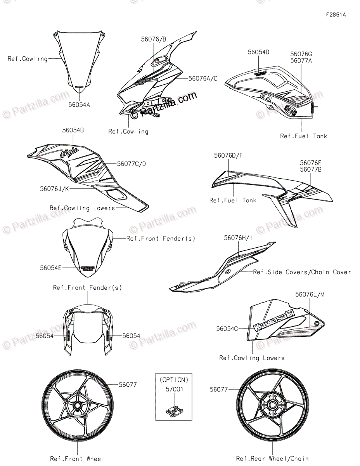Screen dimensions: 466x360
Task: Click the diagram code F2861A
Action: [336, 15]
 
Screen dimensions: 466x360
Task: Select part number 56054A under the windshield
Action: [79, 104]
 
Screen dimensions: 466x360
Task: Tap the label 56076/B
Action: [154, 39]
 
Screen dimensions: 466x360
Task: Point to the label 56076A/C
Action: [203, 78]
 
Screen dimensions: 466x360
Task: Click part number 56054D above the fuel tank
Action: [259, 52]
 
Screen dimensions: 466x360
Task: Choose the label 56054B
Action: [73, 130]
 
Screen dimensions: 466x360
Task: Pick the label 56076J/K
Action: [54, 189]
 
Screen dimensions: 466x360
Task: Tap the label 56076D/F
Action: [228, 155]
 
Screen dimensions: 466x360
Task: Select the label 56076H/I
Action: [238, 238]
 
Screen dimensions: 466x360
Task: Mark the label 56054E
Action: [50, 268]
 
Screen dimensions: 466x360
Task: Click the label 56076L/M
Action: [310, 294]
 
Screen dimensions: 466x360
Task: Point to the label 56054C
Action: [227, 329]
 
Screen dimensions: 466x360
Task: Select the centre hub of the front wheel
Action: [77, 406]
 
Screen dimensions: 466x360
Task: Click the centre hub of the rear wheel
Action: [272, 406]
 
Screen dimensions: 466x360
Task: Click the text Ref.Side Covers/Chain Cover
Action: [302, 272]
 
